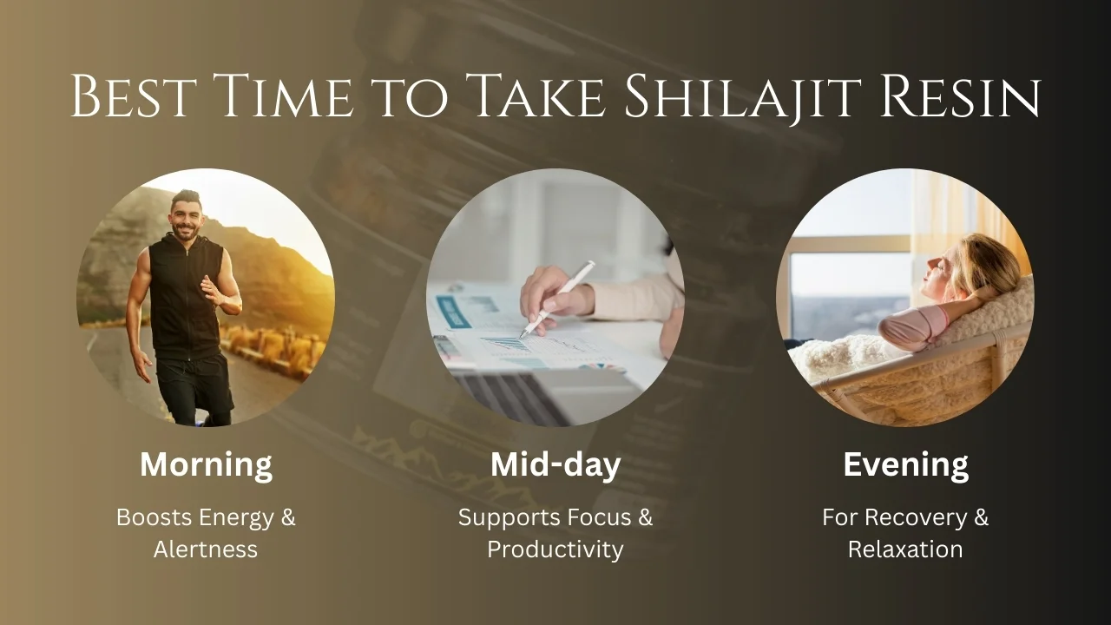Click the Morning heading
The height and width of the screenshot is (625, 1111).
[x=206, y=464]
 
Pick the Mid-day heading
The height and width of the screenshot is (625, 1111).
[x=555, y=464]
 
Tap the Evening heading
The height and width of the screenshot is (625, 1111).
[x=905, y=464]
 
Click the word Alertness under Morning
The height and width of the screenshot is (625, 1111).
[x=206, y=549]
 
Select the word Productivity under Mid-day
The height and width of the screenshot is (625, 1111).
[x=555, y=549]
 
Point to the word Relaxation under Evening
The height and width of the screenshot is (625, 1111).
[x=905, y=549]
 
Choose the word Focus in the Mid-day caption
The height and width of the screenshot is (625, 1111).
[x=599, y=517]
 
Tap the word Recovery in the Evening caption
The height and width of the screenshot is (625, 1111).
[x=916, y=518]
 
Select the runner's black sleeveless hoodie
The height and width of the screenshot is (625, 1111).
[x=185, y=296]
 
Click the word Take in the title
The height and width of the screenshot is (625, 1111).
[x=536, y=96]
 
